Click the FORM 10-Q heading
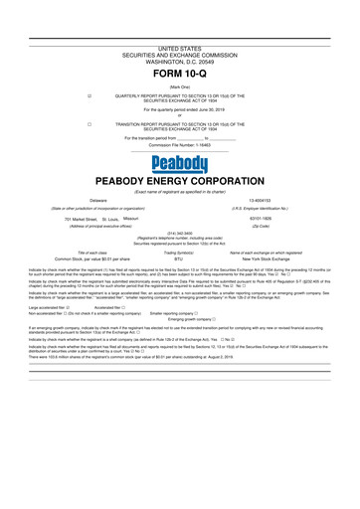tap(179, 76)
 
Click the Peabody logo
tap(179, 163)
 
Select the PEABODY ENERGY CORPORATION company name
tap(179, 182)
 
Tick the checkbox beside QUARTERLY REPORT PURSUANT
tap(90, 97)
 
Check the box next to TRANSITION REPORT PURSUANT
tap(90, 125)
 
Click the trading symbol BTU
tap(179, 261)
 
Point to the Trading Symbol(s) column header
tap(179, 254)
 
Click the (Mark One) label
tap(179, 87)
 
